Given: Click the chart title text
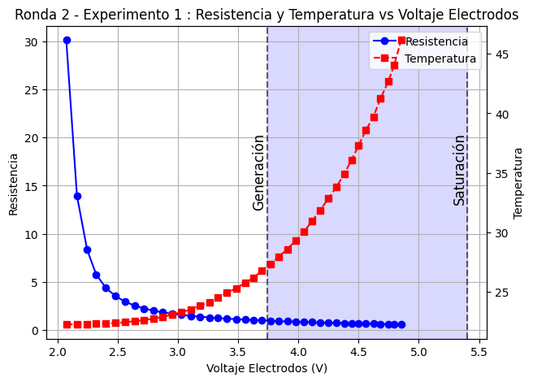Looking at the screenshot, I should pyautogui.click(x=266, y=15).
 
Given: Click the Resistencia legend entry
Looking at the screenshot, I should pyautogui.click(x=436, y=41).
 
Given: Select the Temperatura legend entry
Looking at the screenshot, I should pyautogui.click(x=440, y=59).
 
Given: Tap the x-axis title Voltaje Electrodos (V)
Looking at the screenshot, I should pyautogui.click(x=266, y=368).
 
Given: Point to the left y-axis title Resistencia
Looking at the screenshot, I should pyautogui.click(x=13, y=183).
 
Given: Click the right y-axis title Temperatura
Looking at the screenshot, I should pyautogui.click(x=518, y=183).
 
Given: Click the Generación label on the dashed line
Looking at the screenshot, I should pyautogui.click(x=258, y=172).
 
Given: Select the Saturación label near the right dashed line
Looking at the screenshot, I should pyautogui.click(x=459, y=170).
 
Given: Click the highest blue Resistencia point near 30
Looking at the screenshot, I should pyautogui.click(x=67, y=40).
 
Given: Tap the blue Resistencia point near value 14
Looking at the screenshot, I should pyautogui.click(x=77, y=196).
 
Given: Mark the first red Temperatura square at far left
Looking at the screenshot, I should pyautogui.click(x=67, y=324).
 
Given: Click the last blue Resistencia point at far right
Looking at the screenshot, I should pyautogui.click(x=401, y=324).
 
